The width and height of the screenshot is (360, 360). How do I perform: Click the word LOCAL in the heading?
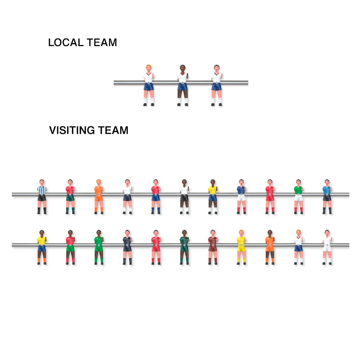66,42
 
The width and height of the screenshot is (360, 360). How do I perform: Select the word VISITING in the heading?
72,130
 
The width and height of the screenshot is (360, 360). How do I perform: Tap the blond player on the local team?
149,85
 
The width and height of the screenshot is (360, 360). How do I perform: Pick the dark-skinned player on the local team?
183,85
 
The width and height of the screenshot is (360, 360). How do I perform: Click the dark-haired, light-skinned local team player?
217,85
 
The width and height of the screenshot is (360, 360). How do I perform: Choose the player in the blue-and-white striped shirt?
42,197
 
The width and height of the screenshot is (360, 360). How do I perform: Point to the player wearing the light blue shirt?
327,197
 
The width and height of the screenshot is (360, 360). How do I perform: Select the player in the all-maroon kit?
213,247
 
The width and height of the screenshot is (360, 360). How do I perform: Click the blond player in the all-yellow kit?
241,247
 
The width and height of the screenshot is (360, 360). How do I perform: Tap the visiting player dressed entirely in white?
327,247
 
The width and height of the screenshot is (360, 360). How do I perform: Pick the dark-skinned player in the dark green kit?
184,247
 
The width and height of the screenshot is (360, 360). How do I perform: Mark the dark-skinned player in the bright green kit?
99,247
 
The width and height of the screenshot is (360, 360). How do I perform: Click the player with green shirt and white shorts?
298,197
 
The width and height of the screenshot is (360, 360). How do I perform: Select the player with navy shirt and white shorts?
241,197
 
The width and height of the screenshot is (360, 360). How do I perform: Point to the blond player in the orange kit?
99,197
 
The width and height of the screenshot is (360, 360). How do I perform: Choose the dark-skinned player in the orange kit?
270,247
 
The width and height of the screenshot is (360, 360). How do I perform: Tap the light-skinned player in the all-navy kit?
127,247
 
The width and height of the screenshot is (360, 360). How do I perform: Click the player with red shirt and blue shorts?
156,197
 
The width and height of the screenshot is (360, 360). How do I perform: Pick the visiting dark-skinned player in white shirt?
184,197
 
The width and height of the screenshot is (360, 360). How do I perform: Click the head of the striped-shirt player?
41,182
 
